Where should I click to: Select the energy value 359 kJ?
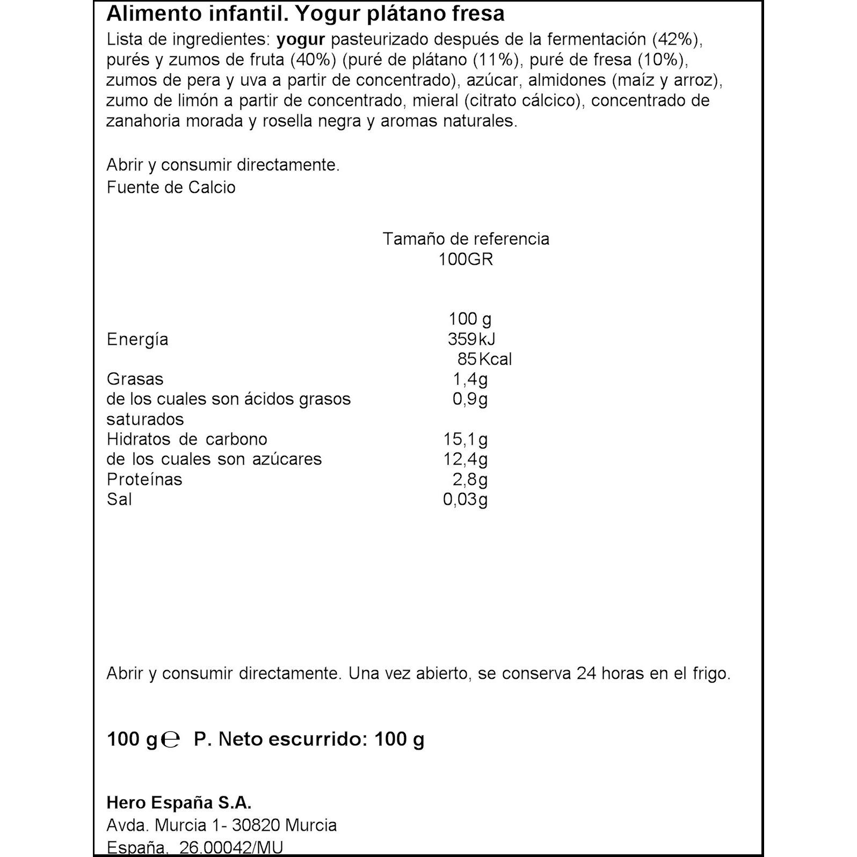click(x=471, y=339)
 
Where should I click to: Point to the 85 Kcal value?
click(x=484, y=359)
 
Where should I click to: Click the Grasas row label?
click(x=135, y=379)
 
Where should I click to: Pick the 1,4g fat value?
click(x=470, y=379)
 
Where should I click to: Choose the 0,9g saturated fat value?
click(x=470, y=399)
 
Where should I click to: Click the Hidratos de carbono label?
click(x=187, y=439)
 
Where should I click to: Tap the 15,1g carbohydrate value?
click(x=465, y=439)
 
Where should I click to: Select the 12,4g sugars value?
click(x=465, y=459)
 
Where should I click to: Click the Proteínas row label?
click(x=144, y=479)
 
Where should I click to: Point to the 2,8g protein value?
click(x=470, y=479)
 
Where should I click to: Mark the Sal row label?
click(x=119, y=499)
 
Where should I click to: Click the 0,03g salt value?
click(x=465, y=499)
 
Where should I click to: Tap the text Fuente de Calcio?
click(x=171, y=187)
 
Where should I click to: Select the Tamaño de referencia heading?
click(x=466, y=239)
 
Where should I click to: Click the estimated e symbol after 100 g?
click(x=170, y=740)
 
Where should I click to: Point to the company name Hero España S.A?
click(x=179, y=803)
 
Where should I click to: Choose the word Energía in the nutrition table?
click(x=137, y=339)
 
